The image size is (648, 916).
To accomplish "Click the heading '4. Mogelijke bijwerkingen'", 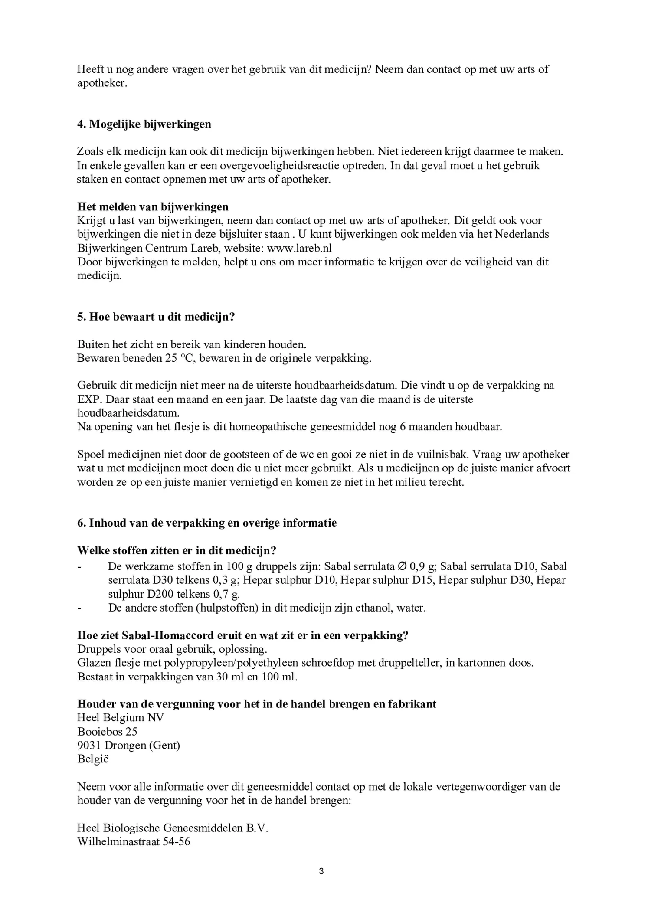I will click(x=144, y=124).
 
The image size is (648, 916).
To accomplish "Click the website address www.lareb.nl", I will click(x=299, y=248).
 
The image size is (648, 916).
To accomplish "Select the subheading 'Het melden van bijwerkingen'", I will click(x=153, y=206).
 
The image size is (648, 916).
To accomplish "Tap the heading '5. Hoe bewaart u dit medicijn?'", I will click(x=156, y=317).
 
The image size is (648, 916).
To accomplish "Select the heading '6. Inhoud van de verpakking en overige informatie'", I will click(x=207, y=523).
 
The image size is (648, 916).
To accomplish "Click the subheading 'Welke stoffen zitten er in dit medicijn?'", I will click(x=177, y=550).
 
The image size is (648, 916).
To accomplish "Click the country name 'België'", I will click(x=93, y=759).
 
